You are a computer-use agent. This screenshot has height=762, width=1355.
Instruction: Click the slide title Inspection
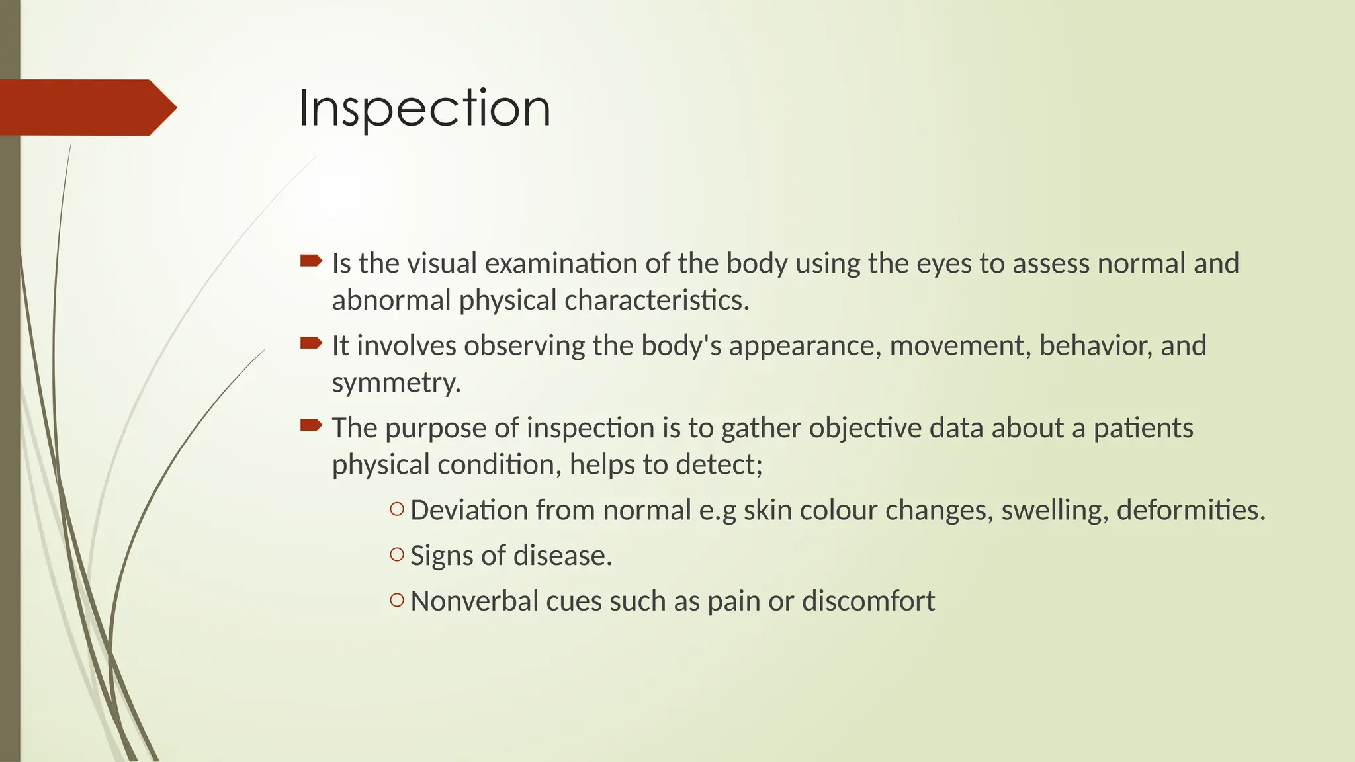424,108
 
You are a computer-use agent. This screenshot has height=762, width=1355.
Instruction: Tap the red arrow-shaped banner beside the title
86,107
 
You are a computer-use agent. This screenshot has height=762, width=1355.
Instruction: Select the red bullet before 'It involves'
311,343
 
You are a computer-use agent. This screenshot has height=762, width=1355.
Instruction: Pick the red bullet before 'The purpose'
311,425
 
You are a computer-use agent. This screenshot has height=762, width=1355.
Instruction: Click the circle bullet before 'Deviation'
397,509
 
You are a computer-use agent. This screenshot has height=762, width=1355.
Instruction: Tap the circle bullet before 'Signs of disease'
397,554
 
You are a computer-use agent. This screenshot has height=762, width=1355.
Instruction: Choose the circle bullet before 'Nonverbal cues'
397,600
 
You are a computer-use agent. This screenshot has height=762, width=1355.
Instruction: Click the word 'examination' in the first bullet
561,263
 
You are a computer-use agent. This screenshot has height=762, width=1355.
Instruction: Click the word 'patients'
1143,429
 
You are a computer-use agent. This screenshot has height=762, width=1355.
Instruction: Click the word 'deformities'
1189,510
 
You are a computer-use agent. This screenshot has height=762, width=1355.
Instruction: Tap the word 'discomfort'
868,601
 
